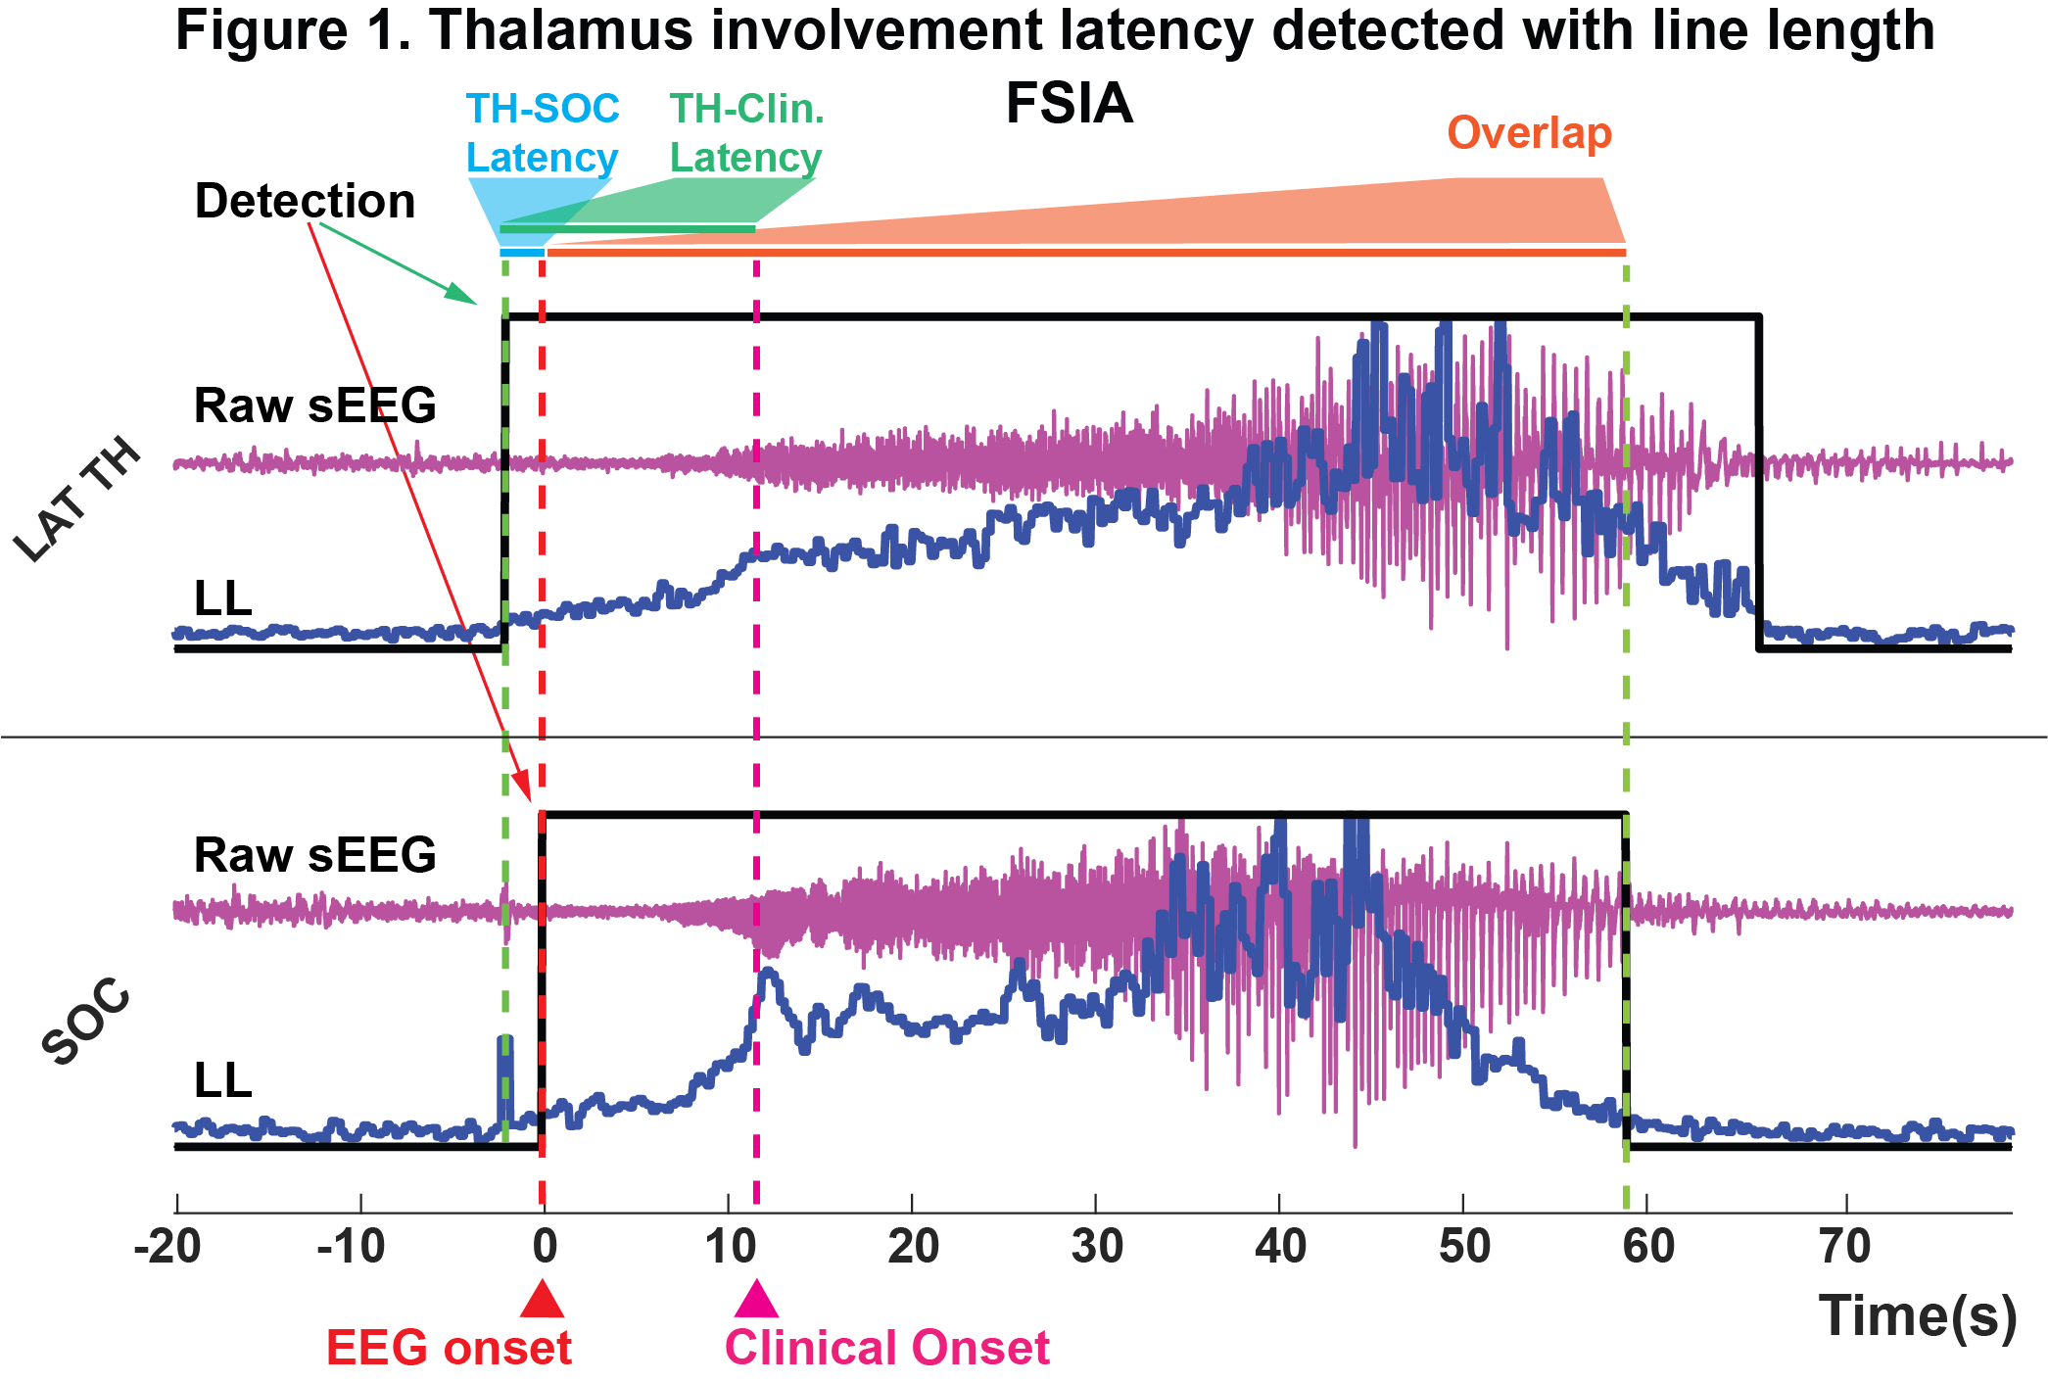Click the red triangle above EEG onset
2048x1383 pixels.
542,1301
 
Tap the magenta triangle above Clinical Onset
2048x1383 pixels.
756,1301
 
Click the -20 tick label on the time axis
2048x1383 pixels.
168,1247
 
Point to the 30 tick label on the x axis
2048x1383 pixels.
1097,1247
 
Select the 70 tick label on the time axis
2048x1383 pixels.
1845,1247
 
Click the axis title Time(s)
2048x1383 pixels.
1917,1315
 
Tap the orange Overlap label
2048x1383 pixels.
1529,132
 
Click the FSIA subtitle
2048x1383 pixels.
1069,104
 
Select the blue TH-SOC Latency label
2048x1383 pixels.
542,133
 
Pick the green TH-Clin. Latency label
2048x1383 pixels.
746,133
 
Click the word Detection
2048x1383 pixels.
305,201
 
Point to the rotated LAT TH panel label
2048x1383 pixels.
78,501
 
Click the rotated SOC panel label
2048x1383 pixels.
86,1021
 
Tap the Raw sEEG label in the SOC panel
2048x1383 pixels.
314,855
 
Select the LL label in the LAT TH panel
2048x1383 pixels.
223,598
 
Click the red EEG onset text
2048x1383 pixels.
449,1348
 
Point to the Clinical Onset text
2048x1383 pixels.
886,1348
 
